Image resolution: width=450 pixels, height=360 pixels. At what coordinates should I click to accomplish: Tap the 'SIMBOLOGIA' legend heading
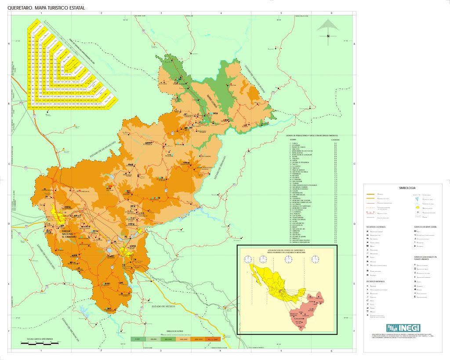407,187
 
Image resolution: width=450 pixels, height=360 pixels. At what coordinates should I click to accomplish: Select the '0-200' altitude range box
138,339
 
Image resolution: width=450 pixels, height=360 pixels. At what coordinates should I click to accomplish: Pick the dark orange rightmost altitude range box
213,339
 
